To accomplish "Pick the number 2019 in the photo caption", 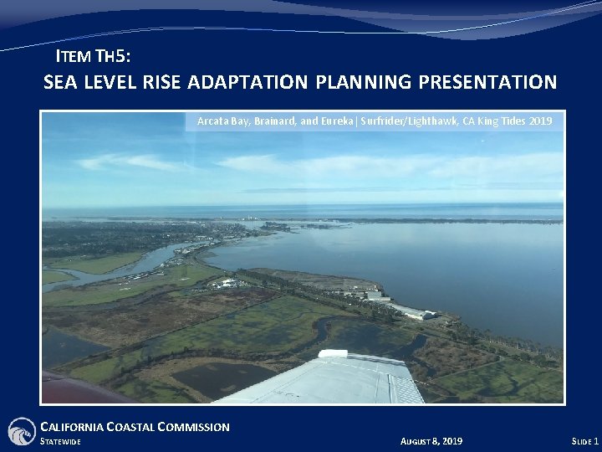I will [x=538, y=121].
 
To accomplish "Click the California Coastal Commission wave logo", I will [x=21, y=431].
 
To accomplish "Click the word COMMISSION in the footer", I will [x=196, y=427].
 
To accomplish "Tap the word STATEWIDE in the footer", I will [x=61, y=441].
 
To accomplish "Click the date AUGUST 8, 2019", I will [x=431, y=441].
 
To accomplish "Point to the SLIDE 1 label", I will [x=584, y=441].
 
